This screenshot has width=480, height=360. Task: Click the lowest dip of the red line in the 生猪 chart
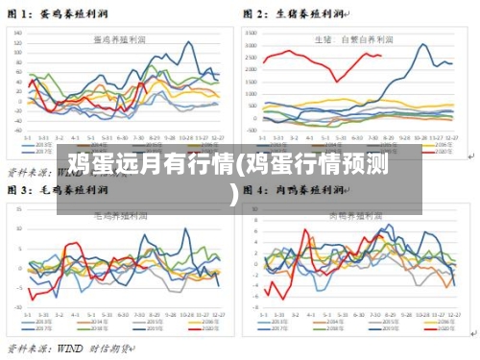[336, 81]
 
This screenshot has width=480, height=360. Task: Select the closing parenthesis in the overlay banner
[233, 196]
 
